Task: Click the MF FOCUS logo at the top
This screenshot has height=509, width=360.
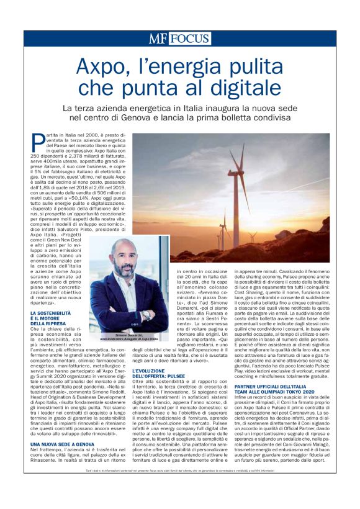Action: [179, 38]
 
